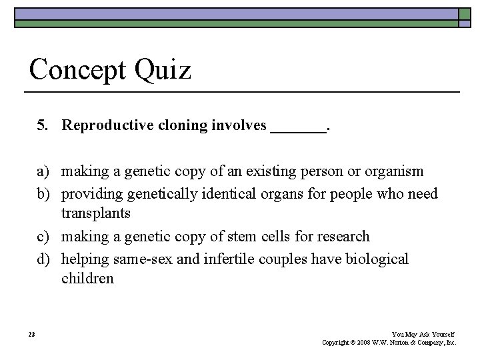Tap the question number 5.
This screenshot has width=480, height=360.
[x=43, y=126]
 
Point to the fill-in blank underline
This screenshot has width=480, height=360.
[x=298, y=132]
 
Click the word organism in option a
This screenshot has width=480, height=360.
[x=393, y=172]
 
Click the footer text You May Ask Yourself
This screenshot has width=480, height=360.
[x=423, y=334]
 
